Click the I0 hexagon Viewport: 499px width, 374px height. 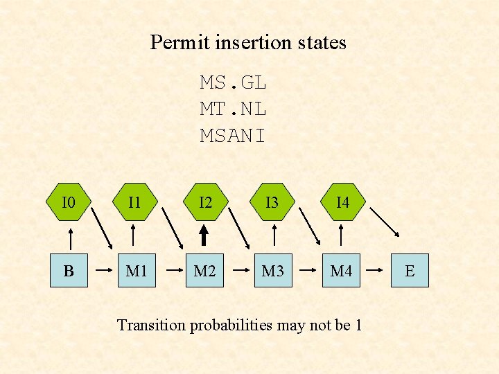(68, 202)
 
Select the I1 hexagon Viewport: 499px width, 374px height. (136, 202)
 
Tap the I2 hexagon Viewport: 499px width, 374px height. (205, 202)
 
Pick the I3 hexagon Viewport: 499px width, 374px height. (273, 202)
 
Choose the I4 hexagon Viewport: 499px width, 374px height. (342, 202)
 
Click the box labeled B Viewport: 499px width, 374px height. (68, 270)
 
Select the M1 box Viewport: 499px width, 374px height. (136, 270)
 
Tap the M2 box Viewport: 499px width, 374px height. (204, 270)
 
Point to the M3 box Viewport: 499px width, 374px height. (273, 270)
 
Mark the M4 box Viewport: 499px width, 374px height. (341, 270)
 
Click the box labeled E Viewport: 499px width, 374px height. (410, 270)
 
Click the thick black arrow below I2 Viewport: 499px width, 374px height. (205, 236)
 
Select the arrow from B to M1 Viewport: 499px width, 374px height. (102, 270)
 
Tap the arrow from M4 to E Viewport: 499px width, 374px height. (375, 270)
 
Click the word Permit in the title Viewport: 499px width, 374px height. (174, 43)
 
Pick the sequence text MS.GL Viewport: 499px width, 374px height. (233, 83)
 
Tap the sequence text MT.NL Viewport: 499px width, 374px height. (233, 109)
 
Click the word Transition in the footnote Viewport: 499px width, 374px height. (152, 324)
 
